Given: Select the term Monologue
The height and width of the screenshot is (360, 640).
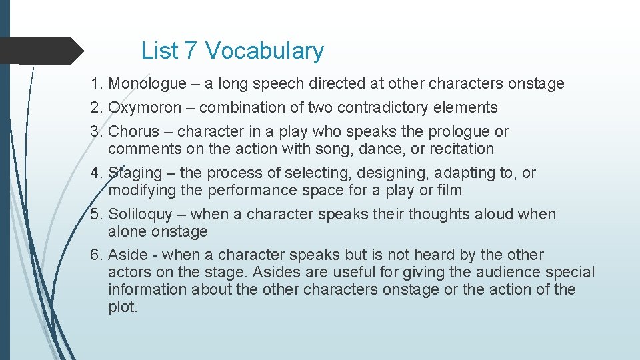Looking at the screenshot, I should pyautogui.click(x=147, y=84).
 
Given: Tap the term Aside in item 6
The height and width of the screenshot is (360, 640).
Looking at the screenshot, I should pyautogui.click(x=125, y=255).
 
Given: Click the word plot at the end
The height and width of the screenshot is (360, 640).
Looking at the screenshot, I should pyautogui.click(x=123, y=307).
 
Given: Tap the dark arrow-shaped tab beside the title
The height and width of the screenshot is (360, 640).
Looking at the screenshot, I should pyautogui.click(x=40, y=51).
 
